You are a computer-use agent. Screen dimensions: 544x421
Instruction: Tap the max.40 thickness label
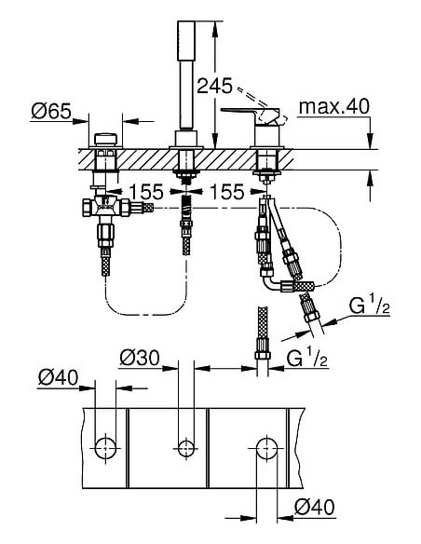pos(333,107)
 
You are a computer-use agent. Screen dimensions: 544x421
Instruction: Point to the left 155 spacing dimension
pos(146,191)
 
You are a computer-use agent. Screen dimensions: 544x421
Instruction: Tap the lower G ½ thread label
pos(308,357)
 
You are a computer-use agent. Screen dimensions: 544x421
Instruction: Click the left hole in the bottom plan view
pos(104,447)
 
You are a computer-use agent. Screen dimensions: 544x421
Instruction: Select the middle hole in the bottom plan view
pos(184,447)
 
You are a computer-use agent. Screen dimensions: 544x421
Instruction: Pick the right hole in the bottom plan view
pos(266,447)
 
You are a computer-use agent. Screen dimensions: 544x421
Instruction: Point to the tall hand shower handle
pos(183,79)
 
